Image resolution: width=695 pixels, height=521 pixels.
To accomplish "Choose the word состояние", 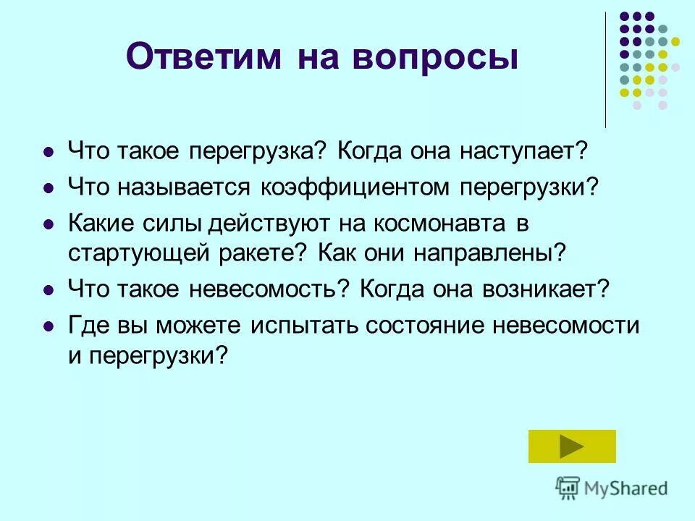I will [x=426, y=325].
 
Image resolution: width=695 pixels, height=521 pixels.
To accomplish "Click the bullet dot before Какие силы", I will [x=49, y=224].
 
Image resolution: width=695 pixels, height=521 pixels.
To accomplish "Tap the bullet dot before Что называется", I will [x=49, y=188].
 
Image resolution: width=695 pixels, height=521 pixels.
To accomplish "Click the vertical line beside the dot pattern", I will [x=606, y=69].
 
